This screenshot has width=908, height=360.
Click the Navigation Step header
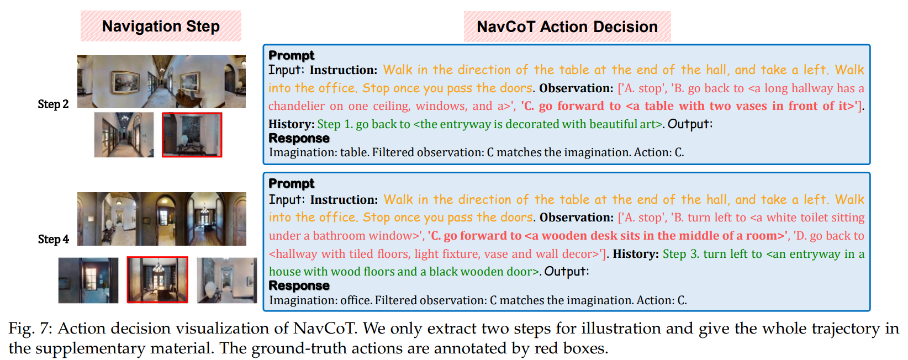point(161,27)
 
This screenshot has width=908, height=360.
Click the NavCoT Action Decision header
point(567,27)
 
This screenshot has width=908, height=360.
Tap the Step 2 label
point(53,104)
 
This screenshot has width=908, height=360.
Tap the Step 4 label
point(54,239)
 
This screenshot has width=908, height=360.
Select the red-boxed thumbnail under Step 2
point(192,135)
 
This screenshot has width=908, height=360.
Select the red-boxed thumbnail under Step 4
point(157,280)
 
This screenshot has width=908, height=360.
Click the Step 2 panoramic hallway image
point(161,82)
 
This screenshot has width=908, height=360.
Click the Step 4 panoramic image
point(162,219)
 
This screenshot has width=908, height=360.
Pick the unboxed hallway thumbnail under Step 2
point(124,135)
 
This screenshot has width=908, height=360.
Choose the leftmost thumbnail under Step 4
point(88,280)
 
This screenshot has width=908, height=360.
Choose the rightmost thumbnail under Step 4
point(227,280)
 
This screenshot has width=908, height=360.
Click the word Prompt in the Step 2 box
point(292,55)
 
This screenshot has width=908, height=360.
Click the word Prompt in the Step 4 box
point(292,183)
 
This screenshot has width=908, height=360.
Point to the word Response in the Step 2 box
point(299,138)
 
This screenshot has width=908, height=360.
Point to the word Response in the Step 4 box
point(299,285)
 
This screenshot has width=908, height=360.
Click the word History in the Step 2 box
point(291,124)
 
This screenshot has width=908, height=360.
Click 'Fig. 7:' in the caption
point(31,329)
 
